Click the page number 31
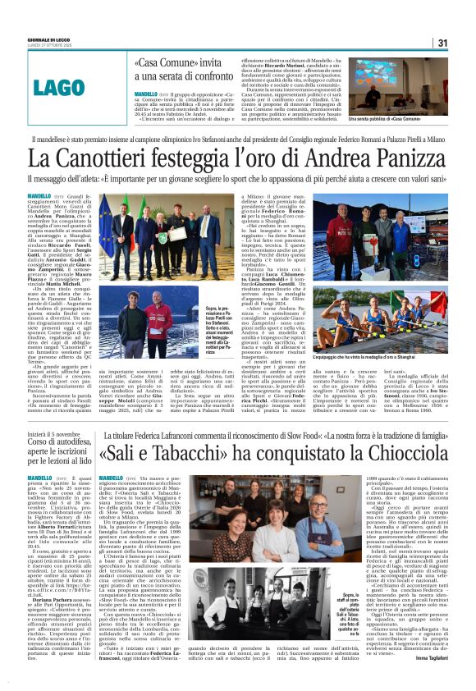click(442, 43)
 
